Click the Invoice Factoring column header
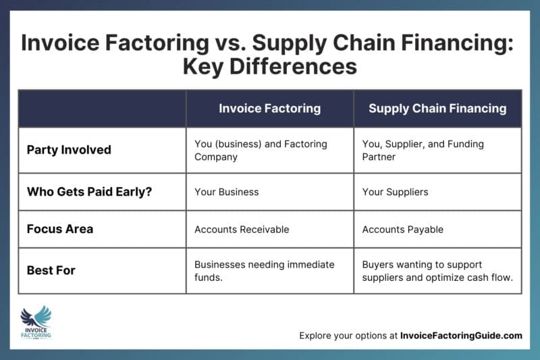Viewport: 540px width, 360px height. (269, 108)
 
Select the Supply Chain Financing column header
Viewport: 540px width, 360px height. (437, 108)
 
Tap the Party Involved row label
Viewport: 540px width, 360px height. (68, 150)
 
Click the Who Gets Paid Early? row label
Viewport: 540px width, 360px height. (88, 192)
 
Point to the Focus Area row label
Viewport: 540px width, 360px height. (60, 229)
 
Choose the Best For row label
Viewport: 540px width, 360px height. (51, 270)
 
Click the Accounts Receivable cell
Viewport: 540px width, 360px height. (242, 230)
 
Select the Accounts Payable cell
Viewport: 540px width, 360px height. (403, 230)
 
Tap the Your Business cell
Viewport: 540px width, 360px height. (226, 192)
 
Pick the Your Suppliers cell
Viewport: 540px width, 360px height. (396, 192)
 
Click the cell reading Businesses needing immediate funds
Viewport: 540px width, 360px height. (264, 270)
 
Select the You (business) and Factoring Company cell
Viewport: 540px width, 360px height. (261, 150)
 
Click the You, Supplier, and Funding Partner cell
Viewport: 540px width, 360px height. (423, 150)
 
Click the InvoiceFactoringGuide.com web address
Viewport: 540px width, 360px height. (461, 336)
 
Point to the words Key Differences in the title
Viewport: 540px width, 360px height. (270, 68)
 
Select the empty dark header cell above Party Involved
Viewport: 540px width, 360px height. (102, 108)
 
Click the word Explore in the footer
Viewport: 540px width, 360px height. (316, 336)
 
